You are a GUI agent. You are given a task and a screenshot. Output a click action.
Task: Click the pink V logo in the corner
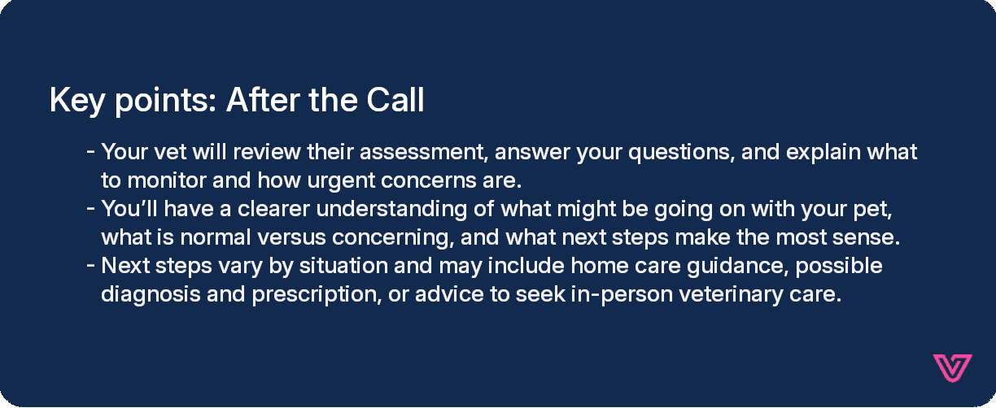tap(952, 368)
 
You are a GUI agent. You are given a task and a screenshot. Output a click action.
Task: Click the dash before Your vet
tap(90, 152)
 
